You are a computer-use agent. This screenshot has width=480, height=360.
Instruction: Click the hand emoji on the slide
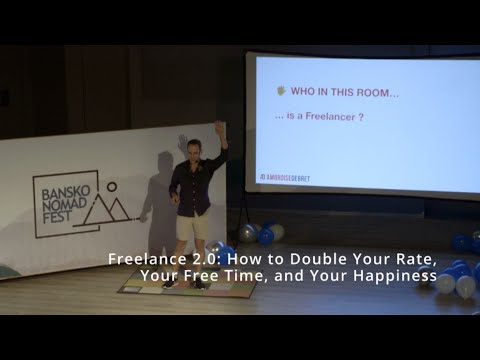click(x=282, y=91)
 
